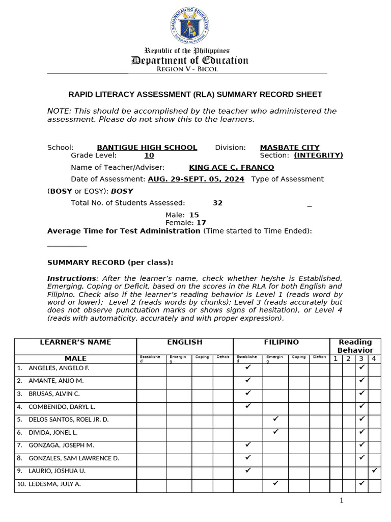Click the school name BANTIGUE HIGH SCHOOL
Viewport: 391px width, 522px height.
click(147, 147)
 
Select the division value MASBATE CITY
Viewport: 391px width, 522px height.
click(290, 147)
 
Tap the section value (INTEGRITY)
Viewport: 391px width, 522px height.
click(318, 155)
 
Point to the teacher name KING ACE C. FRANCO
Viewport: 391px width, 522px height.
click(231, 167)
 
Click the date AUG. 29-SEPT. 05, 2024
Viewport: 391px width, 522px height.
click(195, 179)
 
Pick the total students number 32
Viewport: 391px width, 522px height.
click(217, 203)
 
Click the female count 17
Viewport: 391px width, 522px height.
click(201, 223)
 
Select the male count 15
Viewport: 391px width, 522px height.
click(194, 215)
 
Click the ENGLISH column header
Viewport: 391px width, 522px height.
click(184, 342)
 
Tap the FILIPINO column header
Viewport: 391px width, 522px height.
click(281, 342)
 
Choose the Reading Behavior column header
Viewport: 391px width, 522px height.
click(355, 346)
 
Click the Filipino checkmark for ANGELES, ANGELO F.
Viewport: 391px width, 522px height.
click(248, 367)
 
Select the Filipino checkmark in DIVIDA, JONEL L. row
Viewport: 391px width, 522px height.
click(275, 432)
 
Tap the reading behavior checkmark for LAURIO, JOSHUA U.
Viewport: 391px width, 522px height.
click(375, 471)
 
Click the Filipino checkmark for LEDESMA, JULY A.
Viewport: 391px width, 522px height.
click(275, 483)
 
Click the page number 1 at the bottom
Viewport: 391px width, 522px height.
click(342, 500)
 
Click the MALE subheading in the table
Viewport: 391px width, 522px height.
click(75, 359)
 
